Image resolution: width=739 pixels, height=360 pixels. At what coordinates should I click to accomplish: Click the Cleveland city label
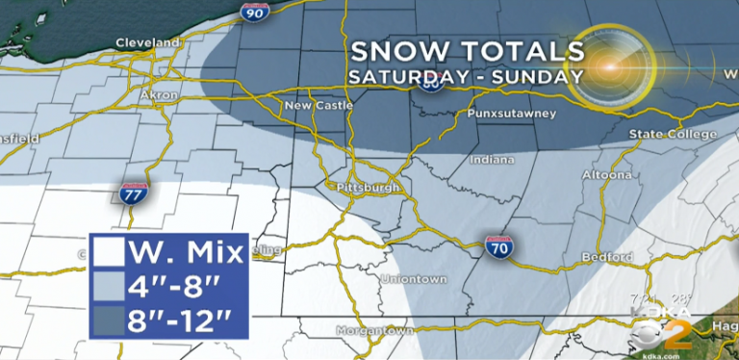147,43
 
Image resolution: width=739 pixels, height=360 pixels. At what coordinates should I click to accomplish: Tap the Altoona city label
606,175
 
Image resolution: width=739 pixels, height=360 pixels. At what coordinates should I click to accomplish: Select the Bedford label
608,257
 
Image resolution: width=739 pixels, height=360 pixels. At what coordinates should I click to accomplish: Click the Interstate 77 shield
136,193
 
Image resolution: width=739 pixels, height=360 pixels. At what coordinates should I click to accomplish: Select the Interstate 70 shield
497,247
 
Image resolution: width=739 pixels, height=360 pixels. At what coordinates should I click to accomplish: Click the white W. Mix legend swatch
107,252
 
